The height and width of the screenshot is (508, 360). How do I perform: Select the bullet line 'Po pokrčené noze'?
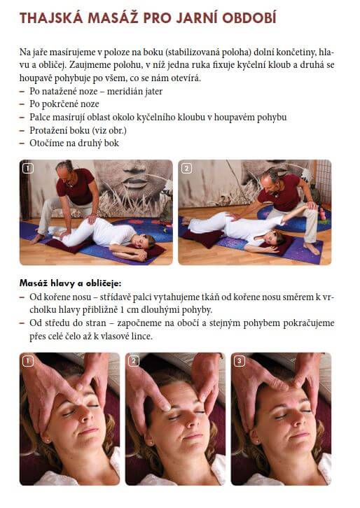tap(64, 104)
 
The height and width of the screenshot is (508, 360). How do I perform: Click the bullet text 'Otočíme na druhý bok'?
tap(74, 143)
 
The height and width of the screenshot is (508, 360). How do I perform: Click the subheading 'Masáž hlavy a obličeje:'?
tap(70, 283)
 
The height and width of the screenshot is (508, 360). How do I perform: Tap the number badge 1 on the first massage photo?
tap(28, 168)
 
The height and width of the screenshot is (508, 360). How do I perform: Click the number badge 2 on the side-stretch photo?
tap(186, 168)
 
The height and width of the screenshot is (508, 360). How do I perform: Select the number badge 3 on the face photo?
tap(240, 361)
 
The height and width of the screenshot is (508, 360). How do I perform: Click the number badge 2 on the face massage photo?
tap(134, 361)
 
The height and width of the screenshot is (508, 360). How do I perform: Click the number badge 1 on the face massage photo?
tap(28, 361)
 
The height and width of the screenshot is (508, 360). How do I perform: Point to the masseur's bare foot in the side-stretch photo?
tap(311, 249)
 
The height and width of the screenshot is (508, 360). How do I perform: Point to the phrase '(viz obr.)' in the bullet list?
tap(109, 130)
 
